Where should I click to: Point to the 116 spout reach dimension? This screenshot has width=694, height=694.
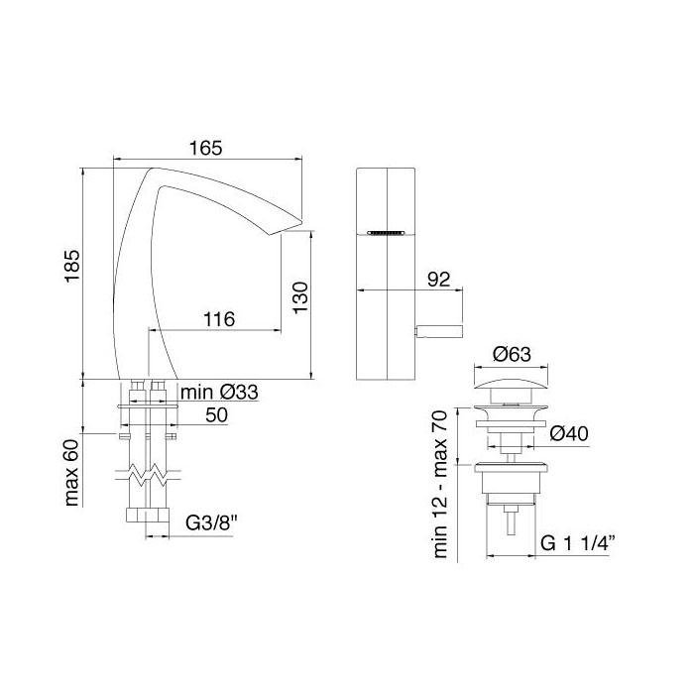coord(218,319)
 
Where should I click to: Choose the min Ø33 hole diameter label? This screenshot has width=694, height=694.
coord(219,393)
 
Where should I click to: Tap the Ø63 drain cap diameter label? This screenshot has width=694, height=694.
coord(513,355)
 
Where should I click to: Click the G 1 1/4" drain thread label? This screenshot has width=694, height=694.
coord(579,542)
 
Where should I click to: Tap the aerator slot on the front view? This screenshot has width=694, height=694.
coord(386,233)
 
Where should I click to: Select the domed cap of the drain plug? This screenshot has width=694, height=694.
coord(512,382)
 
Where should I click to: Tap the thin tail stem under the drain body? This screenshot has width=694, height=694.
coord(512,520)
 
